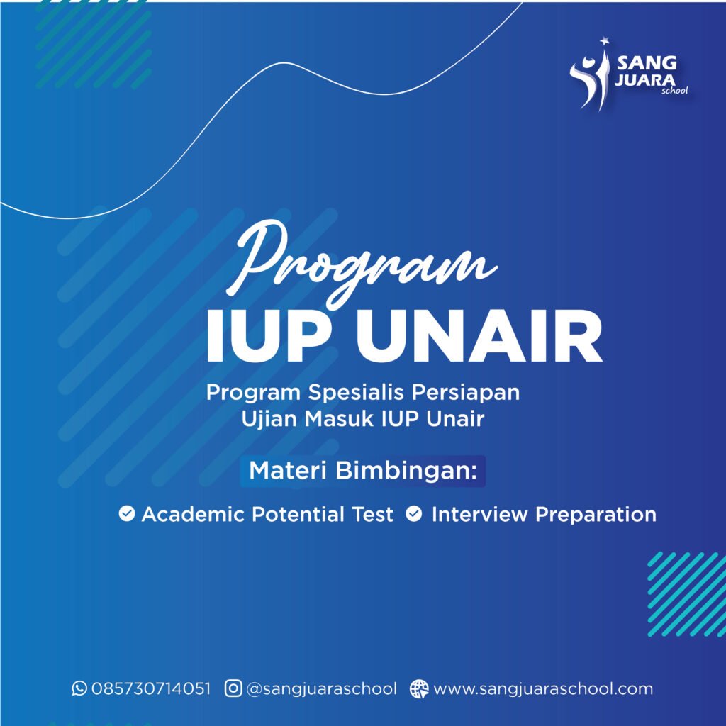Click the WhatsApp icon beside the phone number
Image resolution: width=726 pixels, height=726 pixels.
coord(79,688)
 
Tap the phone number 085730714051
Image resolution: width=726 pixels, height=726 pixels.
coord(151,688)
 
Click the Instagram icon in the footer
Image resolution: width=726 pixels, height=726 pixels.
coord(233,688)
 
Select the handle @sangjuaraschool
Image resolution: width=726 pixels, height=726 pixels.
coord(322,689)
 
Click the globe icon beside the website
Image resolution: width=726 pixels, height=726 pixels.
coord(419,689)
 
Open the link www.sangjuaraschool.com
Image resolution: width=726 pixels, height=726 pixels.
coord(543,689)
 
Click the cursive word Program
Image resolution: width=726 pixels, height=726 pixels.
coord(361,262)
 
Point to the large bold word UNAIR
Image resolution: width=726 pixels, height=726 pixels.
coord(479,335)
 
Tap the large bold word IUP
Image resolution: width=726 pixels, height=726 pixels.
coord(267,335)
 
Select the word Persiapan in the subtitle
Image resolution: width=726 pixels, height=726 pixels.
coord(466,393)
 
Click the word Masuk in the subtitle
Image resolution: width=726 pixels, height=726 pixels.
coord(339,418)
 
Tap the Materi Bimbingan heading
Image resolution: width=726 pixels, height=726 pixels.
coord(362,471)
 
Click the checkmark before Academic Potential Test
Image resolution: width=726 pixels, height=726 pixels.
coord(126,513)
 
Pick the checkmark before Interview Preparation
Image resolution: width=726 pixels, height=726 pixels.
coord(414,513)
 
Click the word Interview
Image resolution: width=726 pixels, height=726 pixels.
coord(479,515)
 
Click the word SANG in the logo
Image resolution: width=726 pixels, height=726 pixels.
coord(647,62)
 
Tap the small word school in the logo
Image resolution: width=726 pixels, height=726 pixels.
coord(675,91)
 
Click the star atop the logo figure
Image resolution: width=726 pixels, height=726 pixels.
coord(604,41)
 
